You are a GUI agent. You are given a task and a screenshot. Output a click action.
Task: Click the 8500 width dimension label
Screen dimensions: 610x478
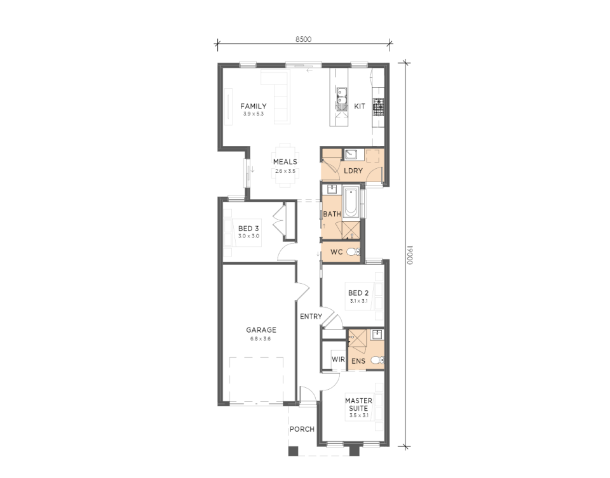coord(304,39)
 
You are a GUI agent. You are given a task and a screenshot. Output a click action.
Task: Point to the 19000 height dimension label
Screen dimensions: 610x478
coord(410,255)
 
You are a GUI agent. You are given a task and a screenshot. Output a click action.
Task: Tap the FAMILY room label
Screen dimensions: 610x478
coord(254,106)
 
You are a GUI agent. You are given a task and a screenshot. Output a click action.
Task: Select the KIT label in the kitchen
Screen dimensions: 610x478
coord(360,106)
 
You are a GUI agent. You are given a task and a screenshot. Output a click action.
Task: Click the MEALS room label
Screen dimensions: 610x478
coord(285,162)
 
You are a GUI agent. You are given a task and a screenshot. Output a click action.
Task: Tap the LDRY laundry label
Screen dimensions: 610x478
coord(353,171)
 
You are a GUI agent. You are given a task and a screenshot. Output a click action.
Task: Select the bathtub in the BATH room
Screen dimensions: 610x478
coord(351,202)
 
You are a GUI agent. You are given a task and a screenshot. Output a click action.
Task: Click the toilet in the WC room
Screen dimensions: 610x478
coord(353,252)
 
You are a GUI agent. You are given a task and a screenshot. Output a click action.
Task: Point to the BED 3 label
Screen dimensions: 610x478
coord(248,229)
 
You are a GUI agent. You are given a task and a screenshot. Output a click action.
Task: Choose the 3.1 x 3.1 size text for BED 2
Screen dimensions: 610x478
coord(358,300)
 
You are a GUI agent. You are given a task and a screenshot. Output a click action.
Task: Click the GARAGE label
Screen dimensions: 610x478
coord(261,330)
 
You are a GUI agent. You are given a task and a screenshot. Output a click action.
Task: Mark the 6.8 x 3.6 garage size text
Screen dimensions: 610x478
coord(261,338)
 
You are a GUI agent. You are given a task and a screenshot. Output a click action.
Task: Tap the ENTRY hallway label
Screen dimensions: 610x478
coord(311,317)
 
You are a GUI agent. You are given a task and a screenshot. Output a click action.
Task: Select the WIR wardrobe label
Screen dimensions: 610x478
coord(338,359)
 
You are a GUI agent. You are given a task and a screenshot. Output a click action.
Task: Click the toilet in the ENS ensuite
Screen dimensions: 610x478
coord(377,361)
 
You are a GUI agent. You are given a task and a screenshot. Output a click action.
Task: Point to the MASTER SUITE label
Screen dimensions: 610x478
coord(358,404)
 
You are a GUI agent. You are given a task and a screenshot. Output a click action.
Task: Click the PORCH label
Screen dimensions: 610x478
coord(302,429)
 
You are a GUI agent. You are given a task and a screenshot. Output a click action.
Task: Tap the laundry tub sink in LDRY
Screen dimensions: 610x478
coord(351,154)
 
